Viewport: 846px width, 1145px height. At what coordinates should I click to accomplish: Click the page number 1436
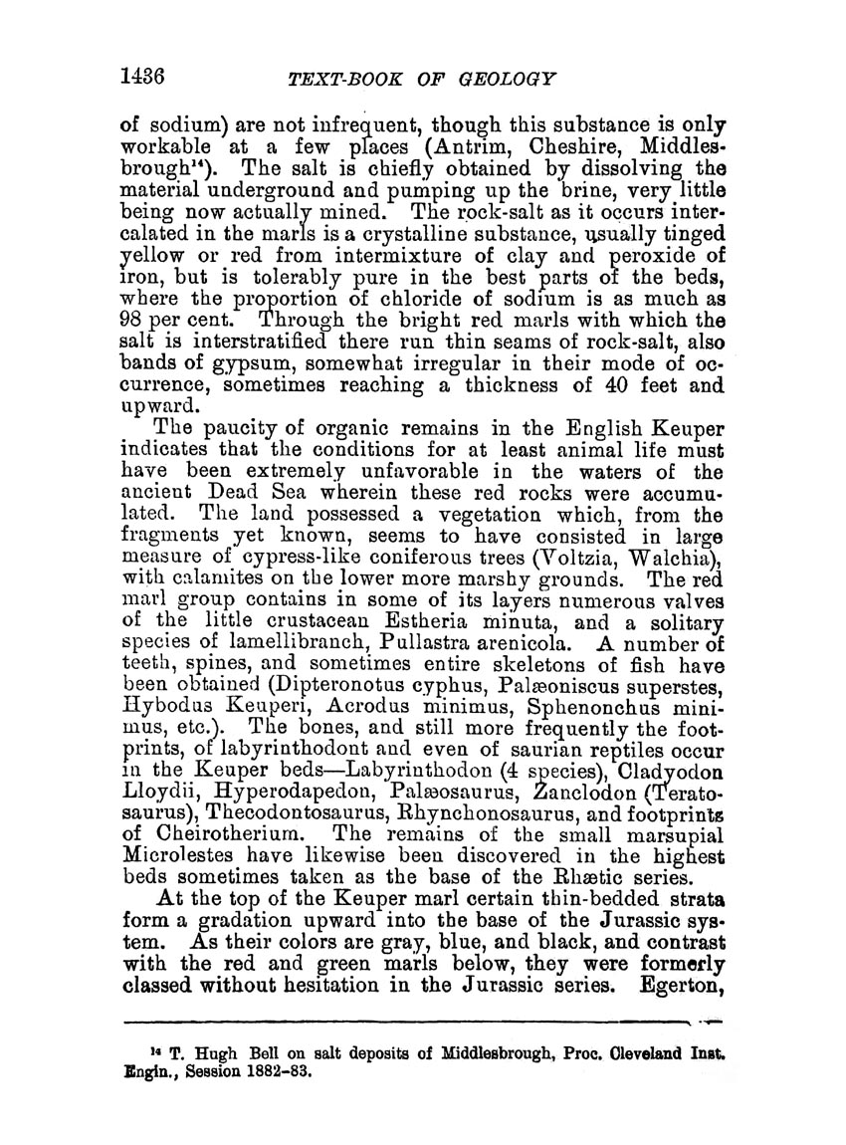click(x=146, y=77)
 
